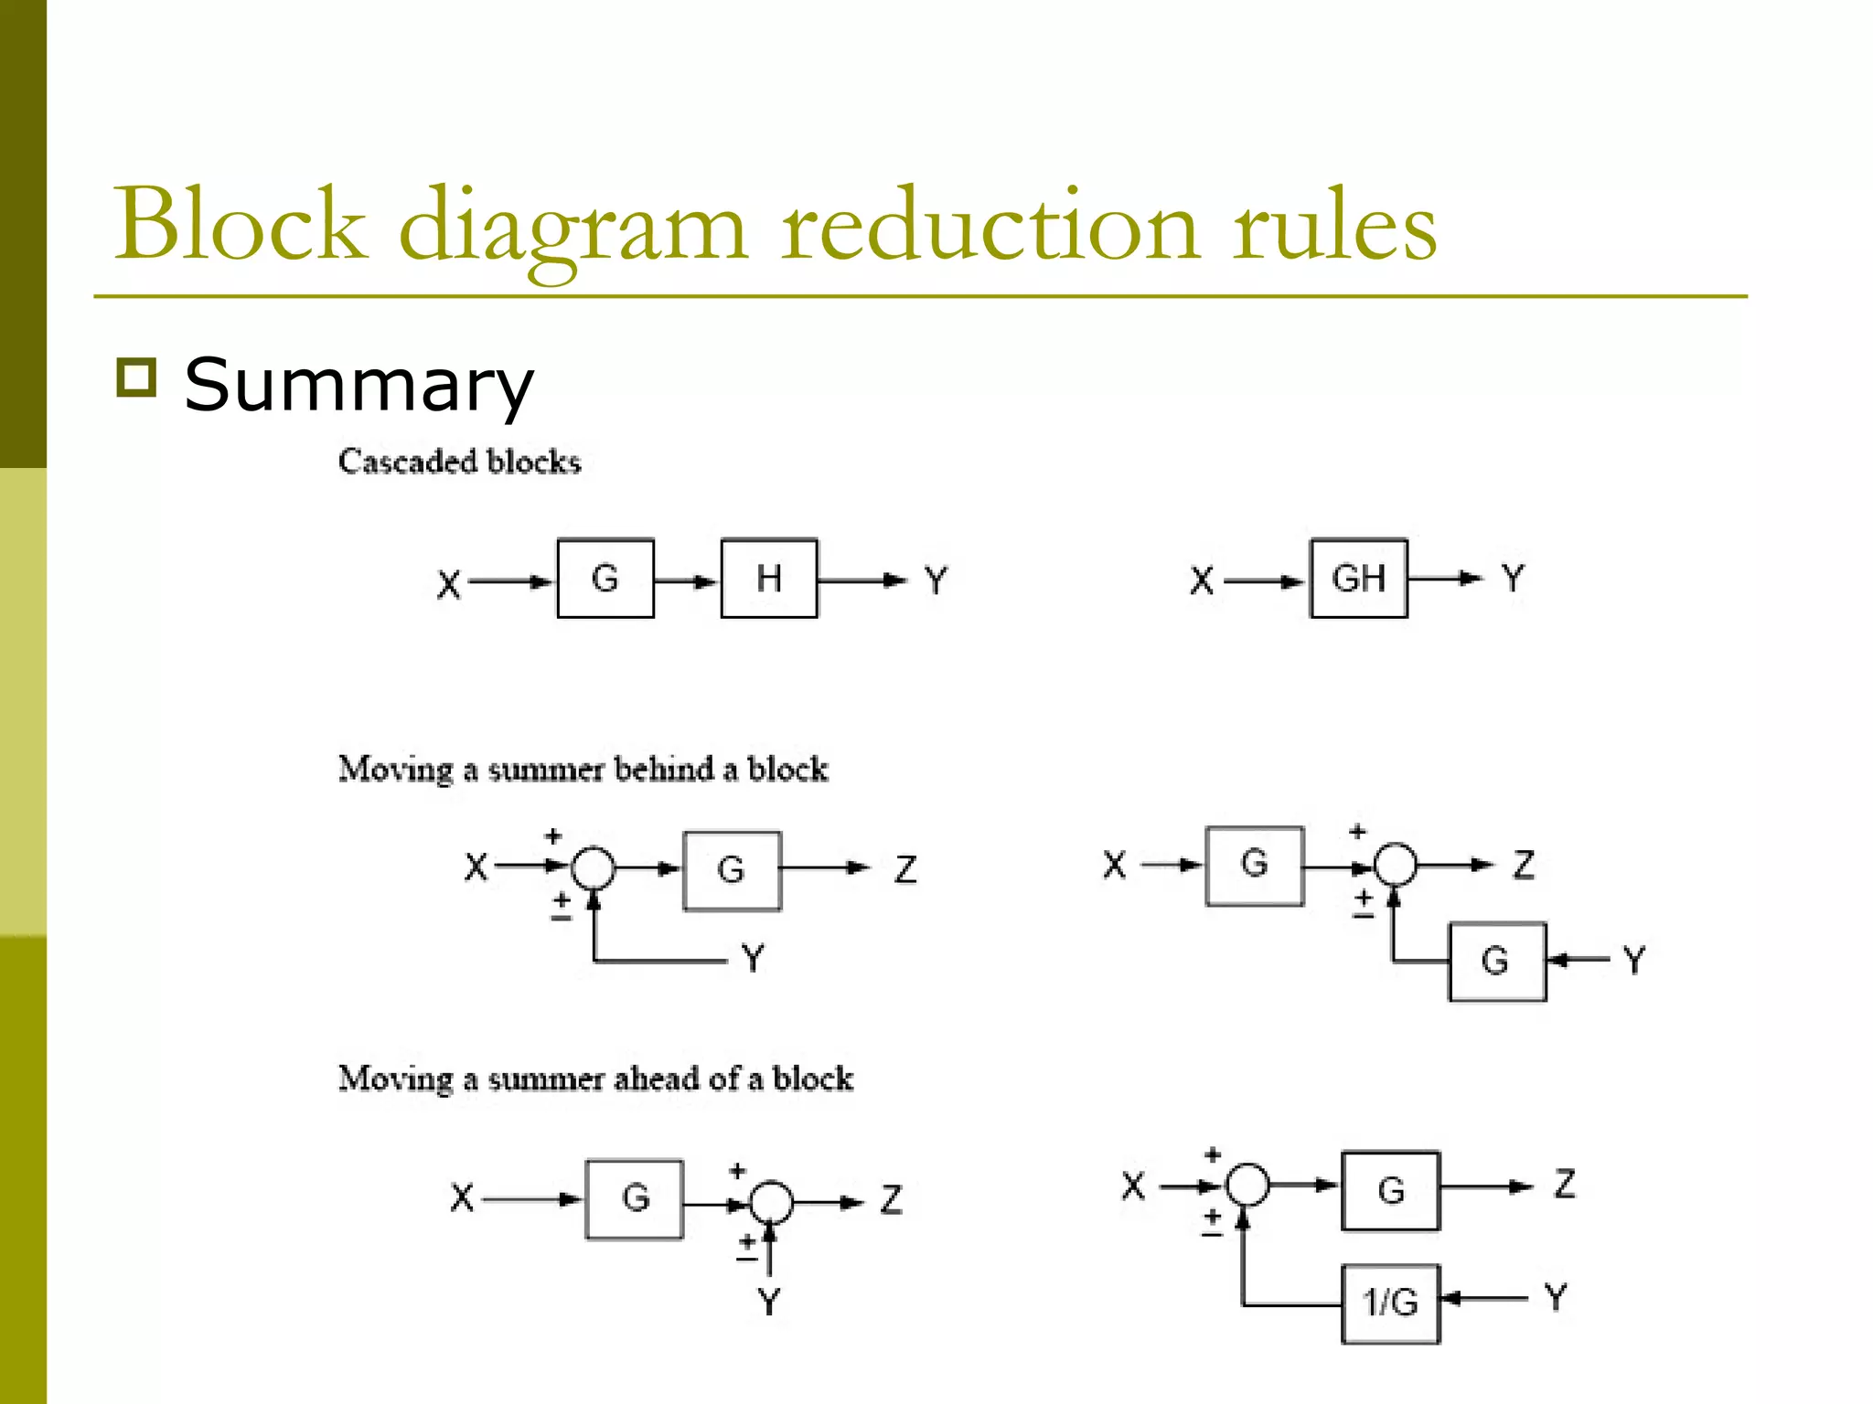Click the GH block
click(x=1358, y=579)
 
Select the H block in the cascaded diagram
click(x=769, y=579)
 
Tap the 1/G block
click(x=1390, y=1303)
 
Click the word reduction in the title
click(x=990, y=226)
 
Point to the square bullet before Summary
click(x=137, y=377)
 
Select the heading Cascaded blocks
click(x=459, y=462)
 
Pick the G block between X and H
click(x=605, y=579)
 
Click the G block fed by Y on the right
click(x=1497, y=962)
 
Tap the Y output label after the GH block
click(x=1514, y=578)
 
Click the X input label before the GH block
click(x=1202, y=580)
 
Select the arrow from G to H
click(x=687, y=580)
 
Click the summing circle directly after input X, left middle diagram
click(x=594, y=867)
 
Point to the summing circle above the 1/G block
click(x=1247, y=1186)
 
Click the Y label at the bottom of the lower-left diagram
click(x=769, y=1301)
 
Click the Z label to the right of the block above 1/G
click(x=1565, y=1184)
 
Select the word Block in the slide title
click(x=240, y=226)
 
